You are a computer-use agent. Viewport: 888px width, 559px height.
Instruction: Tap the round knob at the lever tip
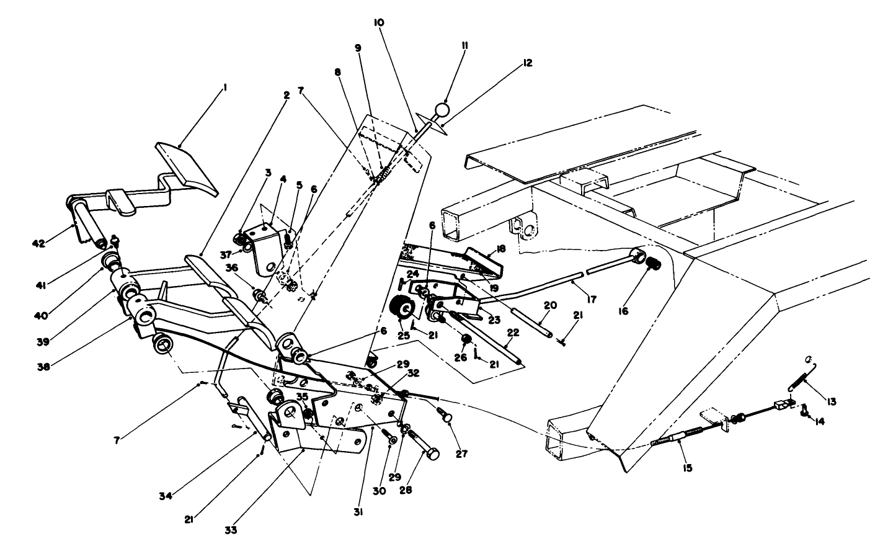[441, 110]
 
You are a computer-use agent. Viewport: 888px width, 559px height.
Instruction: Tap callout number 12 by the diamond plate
[527, 63]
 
